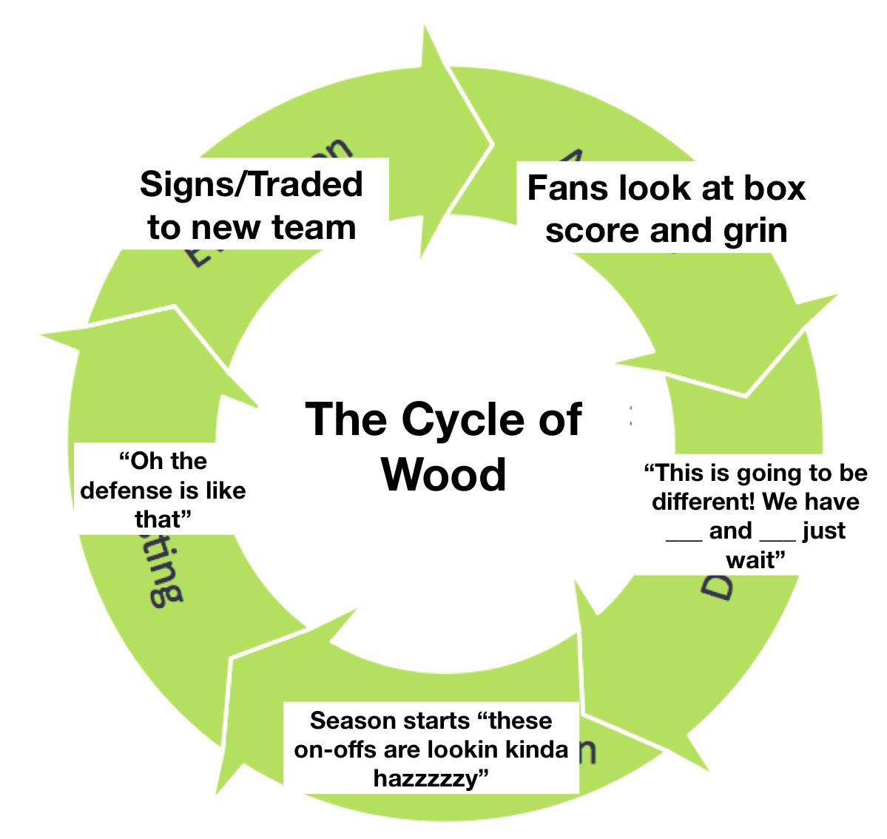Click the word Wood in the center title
(x=444, y=474)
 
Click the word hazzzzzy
(x=431, y=778)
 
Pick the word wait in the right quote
(x=752, y=560)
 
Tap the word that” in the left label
(x=163, y=519)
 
